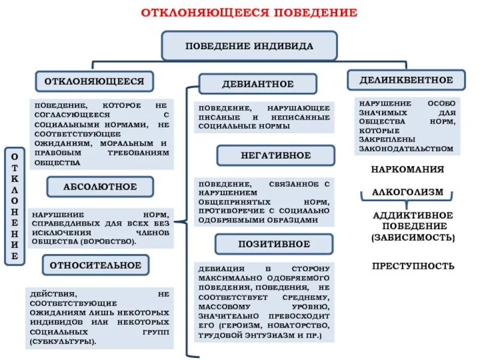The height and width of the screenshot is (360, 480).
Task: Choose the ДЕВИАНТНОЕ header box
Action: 257,84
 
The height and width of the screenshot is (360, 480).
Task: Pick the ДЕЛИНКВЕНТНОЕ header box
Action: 406,80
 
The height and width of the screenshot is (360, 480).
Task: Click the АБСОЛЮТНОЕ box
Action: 100,187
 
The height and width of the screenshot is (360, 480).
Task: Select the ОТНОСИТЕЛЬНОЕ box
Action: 95,265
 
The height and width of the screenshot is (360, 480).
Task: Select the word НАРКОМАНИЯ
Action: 407,169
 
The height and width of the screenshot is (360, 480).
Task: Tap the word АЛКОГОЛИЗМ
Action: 407,192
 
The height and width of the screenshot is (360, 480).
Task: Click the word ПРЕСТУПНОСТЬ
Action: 413,266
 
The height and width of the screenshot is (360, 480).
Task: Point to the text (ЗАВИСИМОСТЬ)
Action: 413,238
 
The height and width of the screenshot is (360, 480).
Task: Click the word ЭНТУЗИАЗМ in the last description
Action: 268,337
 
